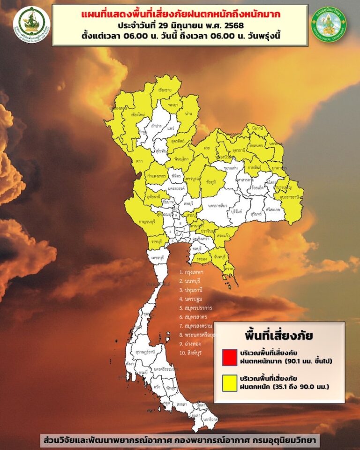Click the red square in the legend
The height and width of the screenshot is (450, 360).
[231, 357]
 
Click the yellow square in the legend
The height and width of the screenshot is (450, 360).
[231, 383]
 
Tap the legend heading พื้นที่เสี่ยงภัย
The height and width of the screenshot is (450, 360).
[279, 336]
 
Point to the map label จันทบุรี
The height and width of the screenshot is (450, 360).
[218, 257]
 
